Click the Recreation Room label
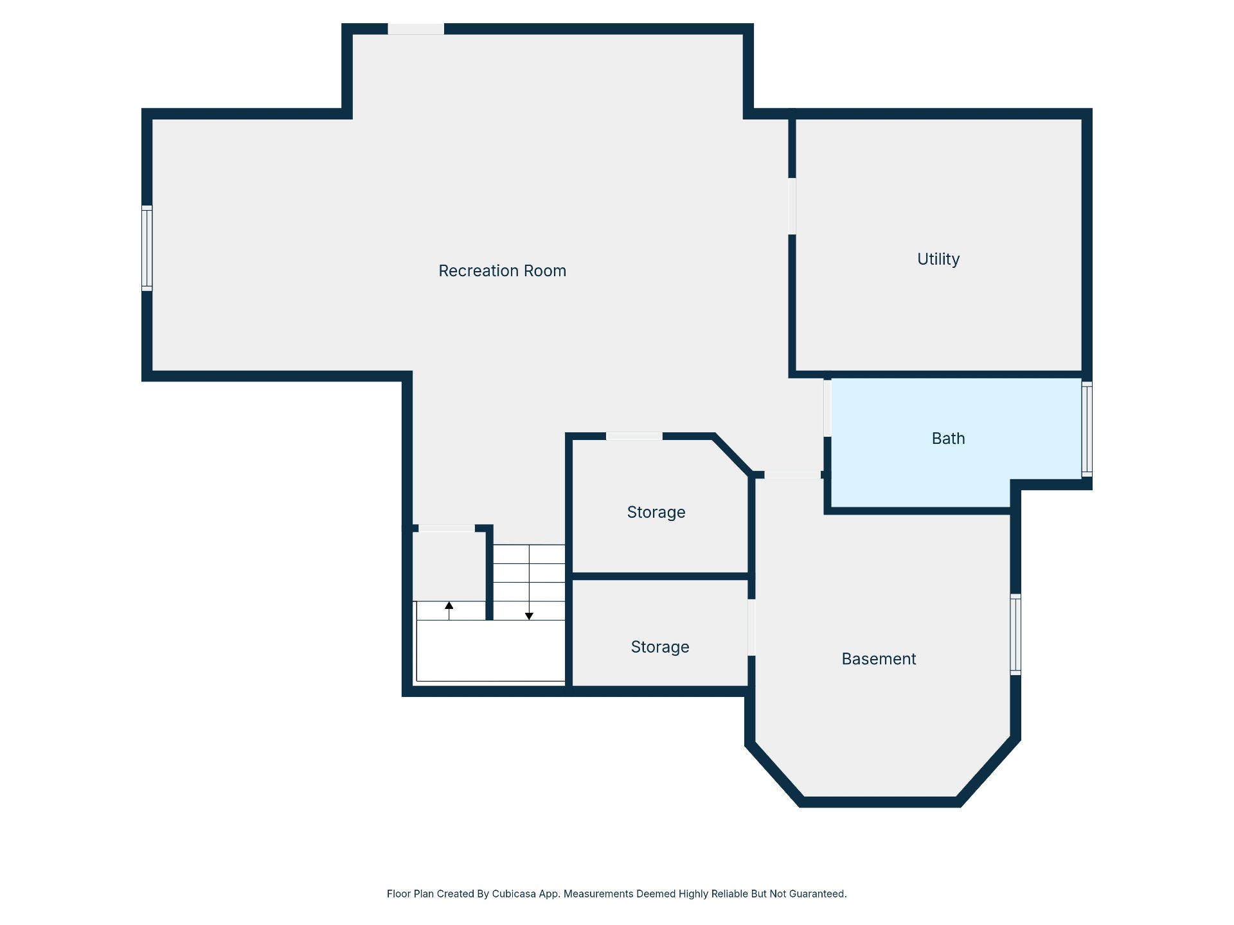tap(502, 271)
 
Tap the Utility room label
tap(938, 259)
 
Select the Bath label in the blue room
tap(948, 439)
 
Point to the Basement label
tap(879, 659)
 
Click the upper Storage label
tap(656, 513)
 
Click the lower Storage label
tap(660, 647)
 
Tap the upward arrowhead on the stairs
tap(449, 606)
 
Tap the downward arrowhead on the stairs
tap(529, 616)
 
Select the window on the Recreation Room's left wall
tap(147, 248)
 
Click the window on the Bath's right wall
tap(1087, 429)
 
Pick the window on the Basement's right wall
tap(1015, 635)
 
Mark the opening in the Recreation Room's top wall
tap(416, 29)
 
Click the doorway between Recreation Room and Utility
tap(792, 206)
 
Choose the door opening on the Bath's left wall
tap(827, 408)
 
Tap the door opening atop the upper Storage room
tap(634, 436)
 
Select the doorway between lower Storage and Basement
tap(751, 628)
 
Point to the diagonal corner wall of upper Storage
tap(733, 455)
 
